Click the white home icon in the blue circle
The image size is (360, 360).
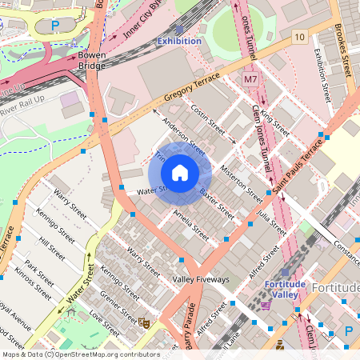click(180, 173)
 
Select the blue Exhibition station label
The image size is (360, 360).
click(179, 40)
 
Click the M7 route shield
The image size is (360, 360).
click(250, 81)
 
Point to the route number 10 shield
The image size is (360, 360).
click(298, 38)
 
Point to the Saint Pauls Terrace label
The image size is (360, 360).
click(297, 165)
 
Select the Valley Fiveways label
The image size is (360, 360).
click(201, 279)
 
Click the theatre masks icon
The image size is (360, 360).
click(145, 322)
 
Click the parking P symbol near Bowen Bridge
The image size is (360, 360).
click(55, 26)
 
